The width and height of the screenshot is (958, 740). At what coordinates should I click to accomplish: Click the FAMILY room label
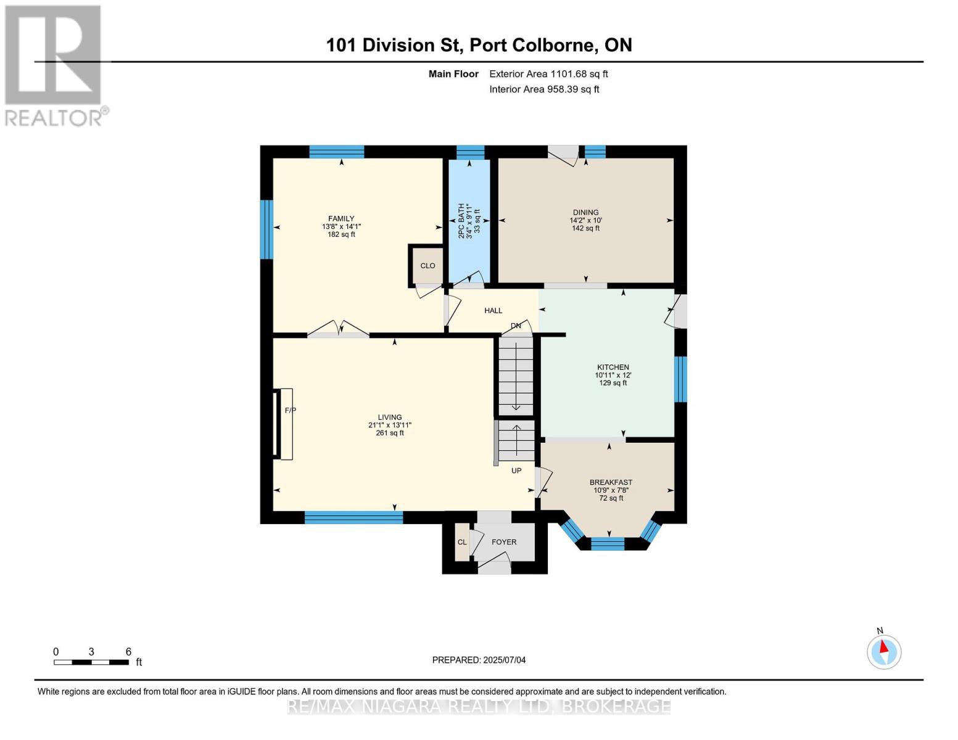[x=341, y=218]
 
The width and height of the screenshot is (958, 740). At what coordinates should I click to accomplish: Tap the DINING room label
[x=585, y=212]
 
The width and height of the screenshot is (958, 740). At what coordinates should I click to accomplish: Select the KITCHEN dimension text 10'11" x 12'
[x=613, y=375]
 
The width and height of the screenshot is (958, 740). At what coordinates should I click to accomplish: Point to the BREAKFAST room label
[x=611, y=482]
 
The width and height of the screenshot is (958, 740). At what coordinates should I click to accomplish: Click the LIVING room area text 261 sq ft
[x=390, y=433]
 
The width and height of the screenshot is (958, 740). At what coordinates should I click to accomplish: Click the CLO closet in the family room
[x=427, y=266]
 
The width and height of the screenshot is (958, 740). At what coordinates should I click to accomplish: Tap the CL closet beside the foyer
[x=462, y=542]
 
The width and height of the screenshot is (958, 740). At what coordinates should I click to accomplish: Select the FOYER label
[x=504, y=542]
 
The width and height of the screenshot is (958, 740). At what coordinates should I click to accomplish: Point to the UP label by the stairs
[x=516, y=471]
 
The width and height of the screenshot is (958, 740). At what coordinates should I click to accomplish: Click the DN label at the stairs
[x=516, y=326]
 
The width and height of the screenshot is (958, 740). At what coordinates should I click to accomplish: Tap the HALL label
[x=493, y=311]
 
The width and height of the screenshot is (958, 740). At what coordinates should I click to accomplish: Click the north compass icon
[x=884, y=651]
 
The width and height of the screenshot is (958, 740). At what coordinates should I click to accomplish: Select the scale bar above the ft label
[x=91, y=662]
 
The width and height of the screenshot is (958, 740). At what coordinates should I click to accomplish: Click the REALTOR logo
[x=54, y=65]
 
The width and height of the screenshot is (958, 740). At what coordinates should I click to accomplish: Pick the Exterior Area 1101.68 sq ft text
[x=548, y=74]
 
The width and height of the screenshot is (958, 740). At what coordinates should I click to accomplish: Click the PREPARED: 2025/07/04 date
[x=479, y=660]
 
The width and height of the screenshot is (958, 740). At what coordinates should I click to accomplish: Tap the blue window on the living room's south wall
[x=353, y=517]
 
